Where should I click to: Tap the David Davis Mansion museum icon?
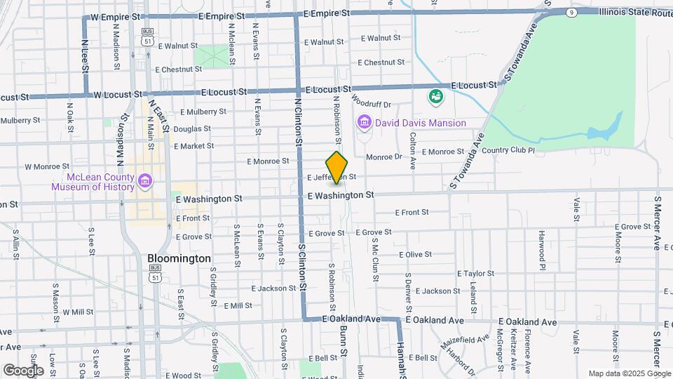(x=364, y=123)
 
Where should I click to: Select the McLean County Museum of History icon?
(x=145, y=182)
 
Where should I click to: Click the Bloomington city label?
(x=179, y=258)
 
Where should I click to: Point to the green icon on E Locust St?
(x=436, y=95)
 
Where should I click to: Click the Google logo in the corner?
(x=24, y=370)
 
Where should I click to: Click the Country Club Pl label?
(x=508, y=150)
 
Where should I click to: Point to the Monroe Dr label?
(x=383, y=157)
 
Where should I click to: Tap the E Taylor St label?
(x=476, y=274)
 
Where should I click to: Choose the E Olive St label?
(x=415, y=255)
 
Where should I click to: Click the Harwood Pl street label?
(x=542, y=250)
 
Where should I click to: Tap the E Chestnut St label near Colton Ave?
(x=381, y=62)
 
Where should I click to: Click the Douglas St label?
(x=192, y=129)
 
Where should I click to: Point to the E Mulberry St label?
(x=203, y=112)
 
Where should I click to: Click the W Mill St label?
(x=78, y=312)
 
